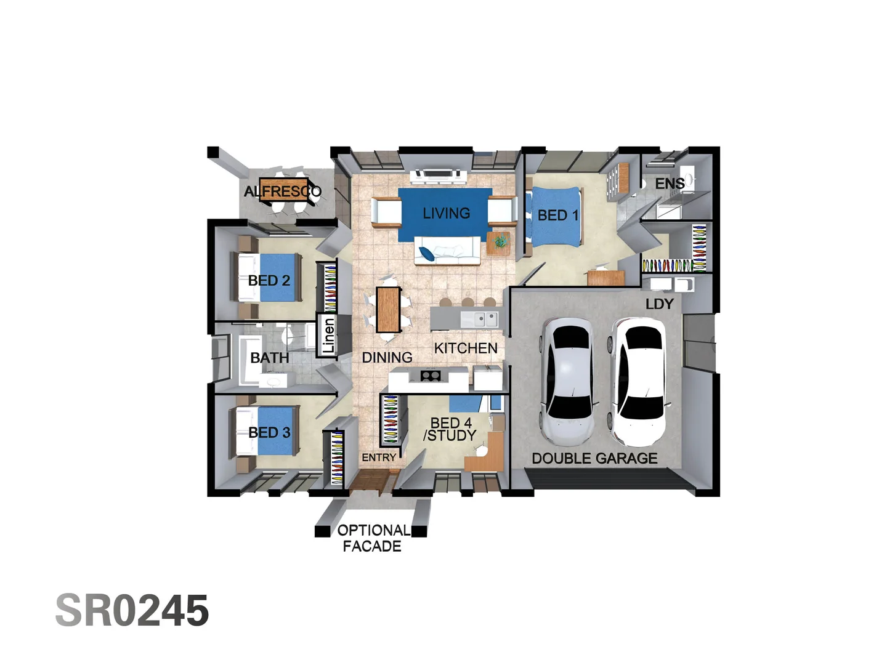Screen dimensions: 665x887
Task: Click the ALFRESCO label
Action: click(x=283, y=191)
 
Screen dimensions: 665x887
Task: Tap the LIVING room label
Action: click(x=446, y=213)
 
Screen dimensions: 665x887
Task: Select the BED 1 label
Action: click(x=557, y=216)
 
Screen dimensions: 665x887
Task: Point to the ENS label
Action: click(x=670, y=183)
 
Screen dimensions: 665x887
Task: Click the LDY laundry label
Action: click(x=659, y=304)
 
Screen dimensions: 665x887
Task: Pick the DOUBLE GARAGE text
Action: click(x=594, y=458)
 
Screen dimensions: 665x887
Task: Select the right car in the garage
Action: click(x=638, y=381)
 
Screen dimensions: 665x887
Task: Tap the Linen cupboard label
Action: click(x=328, y=336)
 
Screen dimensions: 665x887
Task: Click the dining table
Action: click(x=388, y=309)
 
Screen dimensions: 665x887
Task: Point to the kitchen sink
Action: click(x=479, y=319)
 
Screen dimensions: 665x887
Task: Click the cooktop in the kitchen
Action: click(x=430, y=375)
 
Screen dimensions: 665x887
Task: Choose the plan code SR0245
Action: click(x=132, y=611)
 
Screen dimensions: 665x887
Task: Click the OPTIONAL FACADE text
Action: click(x=373, y=538)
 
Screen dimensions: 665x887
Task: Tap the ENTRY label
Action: click(x=379, y=457)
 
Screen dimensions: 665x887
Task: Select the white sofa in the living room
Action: click(x=446, y=251)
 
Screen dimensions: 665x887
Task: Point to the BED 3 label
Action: click(x=269, y=433)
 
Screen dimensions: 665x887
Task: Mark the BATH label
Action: click(x=269, y=358)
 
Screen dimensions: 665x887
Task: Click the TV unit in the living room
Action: click(x=438, y=175)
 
